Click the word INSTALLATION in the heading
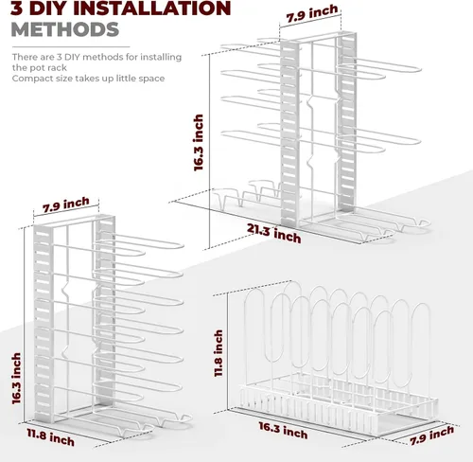coord(151,8)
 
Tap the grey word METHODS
coord(65,29)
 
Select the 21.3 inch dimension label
coord(273,234)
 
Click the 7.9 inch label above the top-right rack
coord(312,13)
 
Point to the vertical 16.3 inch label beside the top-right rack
coord(199,143)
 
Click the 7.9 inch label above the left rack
coord(66,204)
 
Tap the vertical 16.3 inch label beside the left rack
coord(16,378)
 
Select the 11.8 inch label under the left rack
coord(50,437)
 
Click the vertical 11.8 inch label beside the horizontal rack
coord(219,353)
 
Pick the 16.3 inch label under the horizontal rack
coord(283,430)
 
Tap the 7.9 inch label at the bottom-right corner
coord(432,435)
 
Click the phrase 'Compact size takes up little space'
coord(88,79)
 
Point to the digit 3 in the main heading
coord(16,8)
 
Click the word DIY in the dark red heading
coord(47,8)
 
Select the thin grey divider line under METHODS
coord(71,47)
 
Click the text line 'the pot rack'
coord(40,68)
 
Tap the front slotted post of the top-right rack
coord(289,133)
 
